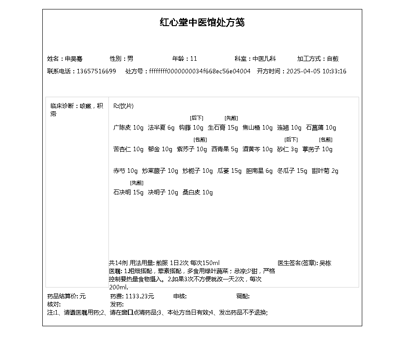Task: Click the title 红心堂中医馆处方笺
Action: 202,22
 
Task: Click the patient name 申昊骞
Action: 74,59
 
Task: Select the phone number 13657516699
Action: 96,72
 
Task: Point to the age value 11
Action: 193,59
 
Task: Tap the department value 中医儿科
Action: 264,59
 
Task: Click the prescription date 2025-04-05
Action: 303,72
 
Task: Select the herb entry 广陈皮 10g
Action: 128,128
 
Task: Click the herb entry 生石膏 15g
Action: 223,128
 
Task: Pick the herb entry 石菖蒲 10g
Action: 321,128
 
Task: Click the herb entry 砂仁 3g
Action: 288,149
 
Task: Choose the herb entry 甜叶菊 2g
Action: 325,171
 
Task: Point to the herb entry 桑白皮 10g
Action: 198,193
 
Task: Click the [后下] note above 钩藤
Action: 197,118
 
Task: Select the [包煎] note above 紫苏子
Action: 200,140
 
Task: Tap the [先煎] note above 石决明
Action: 136,183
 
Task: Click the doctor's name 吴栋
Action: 325,263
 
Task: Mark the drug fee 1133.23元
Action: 139,297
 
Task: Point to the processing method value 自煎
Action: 333,59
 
